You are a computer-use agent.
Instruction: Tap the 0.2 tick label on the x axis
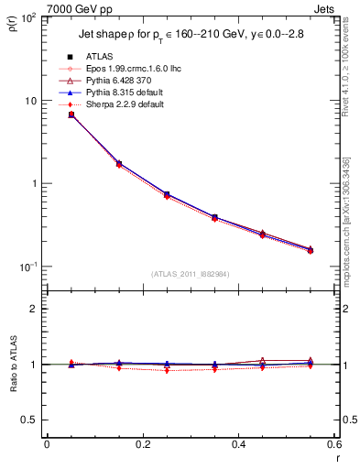coord(142,445)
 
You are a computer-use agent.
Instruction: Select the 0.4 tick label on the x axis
coord(238,445)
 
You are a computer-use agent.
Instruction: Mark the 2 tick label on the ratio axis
coord(33,309)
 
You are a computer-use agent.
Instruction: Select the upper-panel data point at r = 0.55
coord(311,249)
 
